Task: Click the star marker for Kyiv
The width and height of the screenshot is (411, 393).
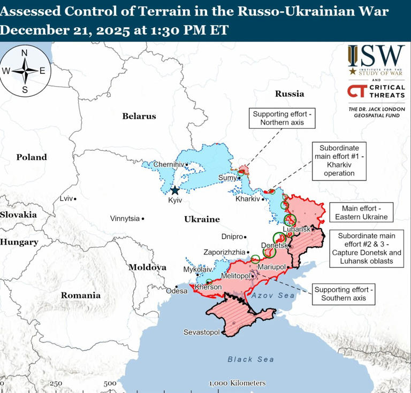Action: point(174,190)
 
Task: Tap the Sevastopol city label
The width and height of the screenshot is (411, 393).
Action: point(201,332)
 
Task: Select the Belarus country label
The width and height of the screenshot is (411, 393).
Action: point(139,116)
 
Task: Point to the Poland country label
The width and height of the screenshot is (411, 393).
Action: point(31,157)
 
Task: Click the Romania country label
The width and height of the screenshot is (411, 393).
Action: point(80,295)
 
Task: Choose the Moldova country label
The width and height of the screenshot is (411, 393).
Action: point(147,267)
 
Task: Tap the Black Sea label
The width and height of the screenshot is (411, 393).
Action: point(250,359)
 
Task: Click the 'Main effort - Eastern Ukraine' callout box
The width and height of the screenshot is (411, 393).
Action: point(361,212)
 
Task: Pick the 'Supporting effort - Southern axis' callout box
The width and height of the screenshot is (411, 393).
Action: point(344,294)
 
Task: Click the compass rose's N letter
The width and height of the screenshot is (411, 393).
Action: point(25,53)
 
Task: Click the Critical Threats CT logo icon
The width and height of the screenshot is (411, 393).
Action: point(357,91)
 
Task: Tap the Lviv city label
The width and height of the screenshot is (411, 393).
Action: point(66,198)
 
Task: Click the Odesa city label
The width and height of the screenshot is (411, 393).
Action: point(177,291)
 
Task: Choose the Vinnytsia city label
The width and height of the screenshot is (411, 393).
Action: point(125,219)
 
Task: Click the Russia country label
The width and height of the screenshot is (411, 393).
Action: point(290,94)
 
